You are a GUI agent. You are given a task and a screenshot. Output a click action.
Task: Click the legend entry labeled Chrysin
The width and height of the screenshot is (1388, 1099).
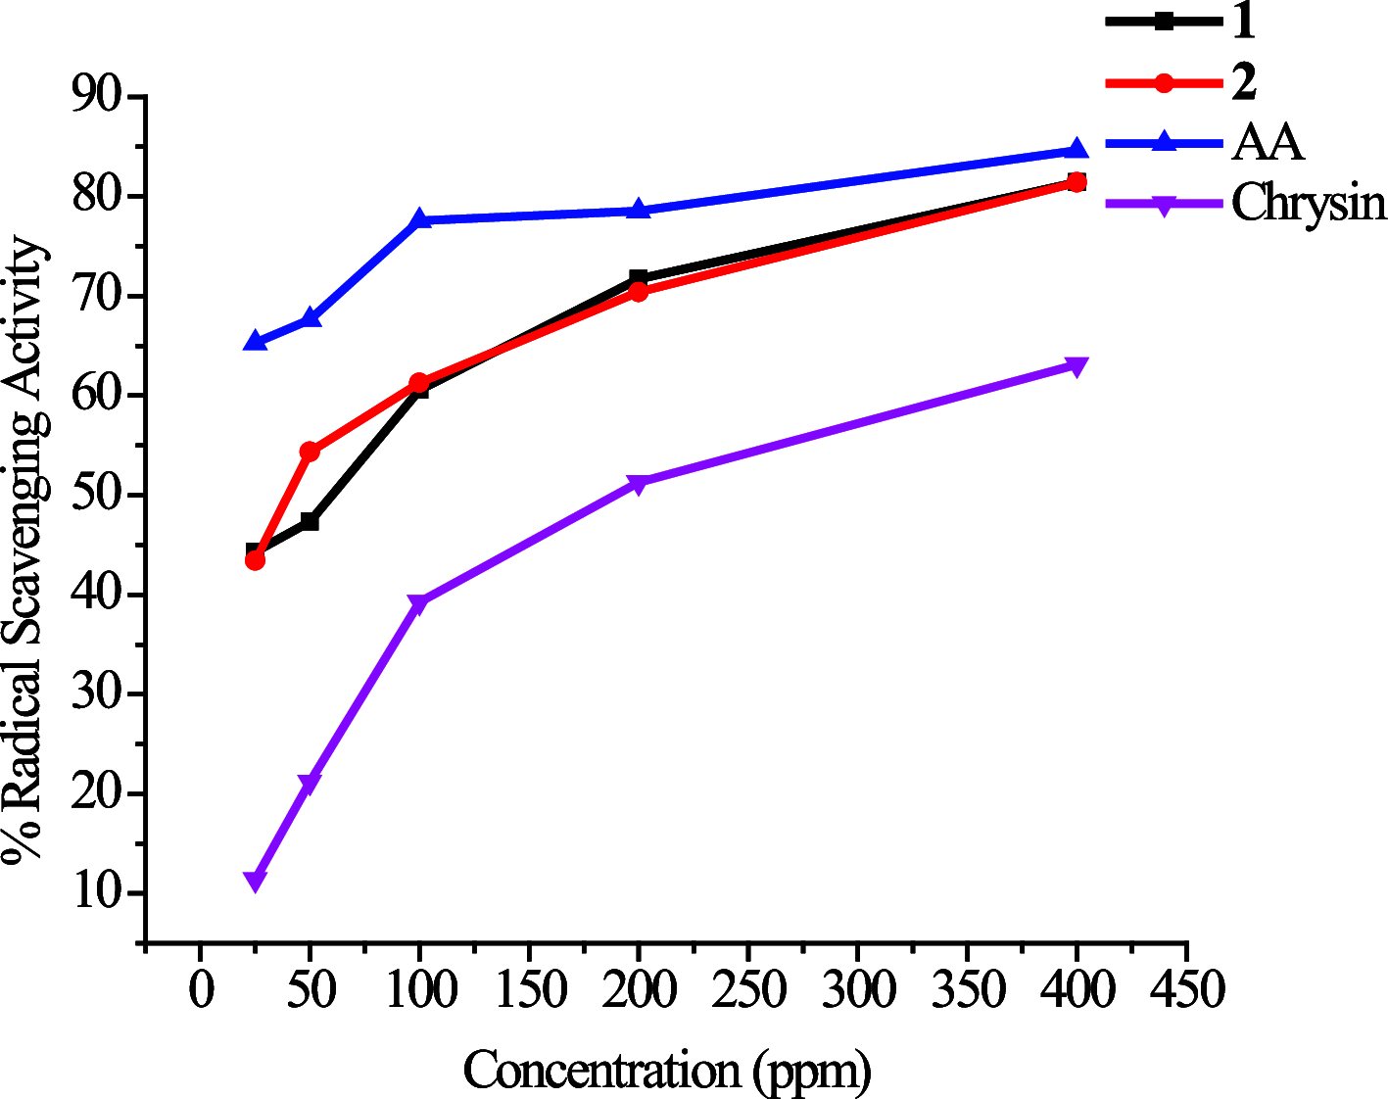[1309, 204]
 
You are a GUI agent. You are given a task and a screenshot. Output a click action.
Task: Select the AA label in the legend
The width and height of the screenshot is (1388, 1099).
[1268, 143]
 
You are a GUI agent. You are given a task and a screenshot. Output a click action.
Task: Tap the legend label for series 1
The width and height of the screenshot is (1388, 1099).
[1243, 22]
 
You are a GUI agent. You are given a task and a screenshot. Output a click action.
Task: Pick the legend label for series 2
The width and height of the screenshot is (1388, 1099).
[1244, 82]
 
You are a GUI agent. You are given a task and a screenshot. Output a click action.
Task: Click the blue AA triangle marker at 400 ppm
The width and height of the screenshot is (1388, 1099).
[1077, 149]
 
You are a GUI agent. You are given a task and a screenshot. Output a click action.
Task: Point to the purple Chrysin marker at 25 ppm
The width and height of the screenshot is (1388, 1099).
[255, 882]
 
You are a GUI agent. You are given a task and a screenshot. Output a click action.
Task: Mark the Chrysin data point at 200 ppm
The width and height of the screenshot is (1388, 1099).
[639, 484]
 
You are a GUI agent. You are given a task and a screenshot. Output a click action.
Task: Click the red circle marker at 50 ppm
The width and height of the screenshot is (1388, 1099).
[310, 452]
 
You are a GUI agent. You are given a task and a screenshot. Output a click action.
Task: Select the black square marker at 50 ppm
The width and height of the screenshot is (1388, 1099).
[310, 522]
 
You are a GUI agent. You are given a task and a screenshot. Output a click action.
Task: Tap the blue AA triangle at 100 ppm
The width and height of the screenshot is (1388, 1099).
[419, 218]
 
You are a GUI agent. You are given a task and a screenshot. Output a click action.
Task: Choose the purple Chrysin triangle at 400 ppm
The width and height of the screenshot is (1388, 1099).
[1077, 367]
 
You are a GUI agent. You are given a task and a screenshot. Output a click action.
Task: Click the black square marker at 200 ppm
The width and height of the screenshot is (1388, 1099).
[639, 278]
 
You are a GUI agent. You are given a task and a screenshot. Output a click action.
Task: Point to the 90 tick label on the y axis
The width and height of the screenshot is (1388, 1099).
[97, 96]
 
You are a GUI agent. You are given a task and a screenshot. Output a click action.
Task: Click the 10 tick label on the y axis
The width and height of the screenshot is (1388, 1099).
[97, 893]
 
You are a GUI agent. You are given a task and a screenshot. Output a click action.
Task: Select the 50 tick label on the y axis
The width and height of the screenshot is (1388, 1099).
[97, 495]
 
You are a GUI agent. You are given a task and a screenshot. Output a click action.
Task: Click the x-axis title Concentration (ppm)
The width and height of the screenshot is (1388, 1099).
[667, 1071]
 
